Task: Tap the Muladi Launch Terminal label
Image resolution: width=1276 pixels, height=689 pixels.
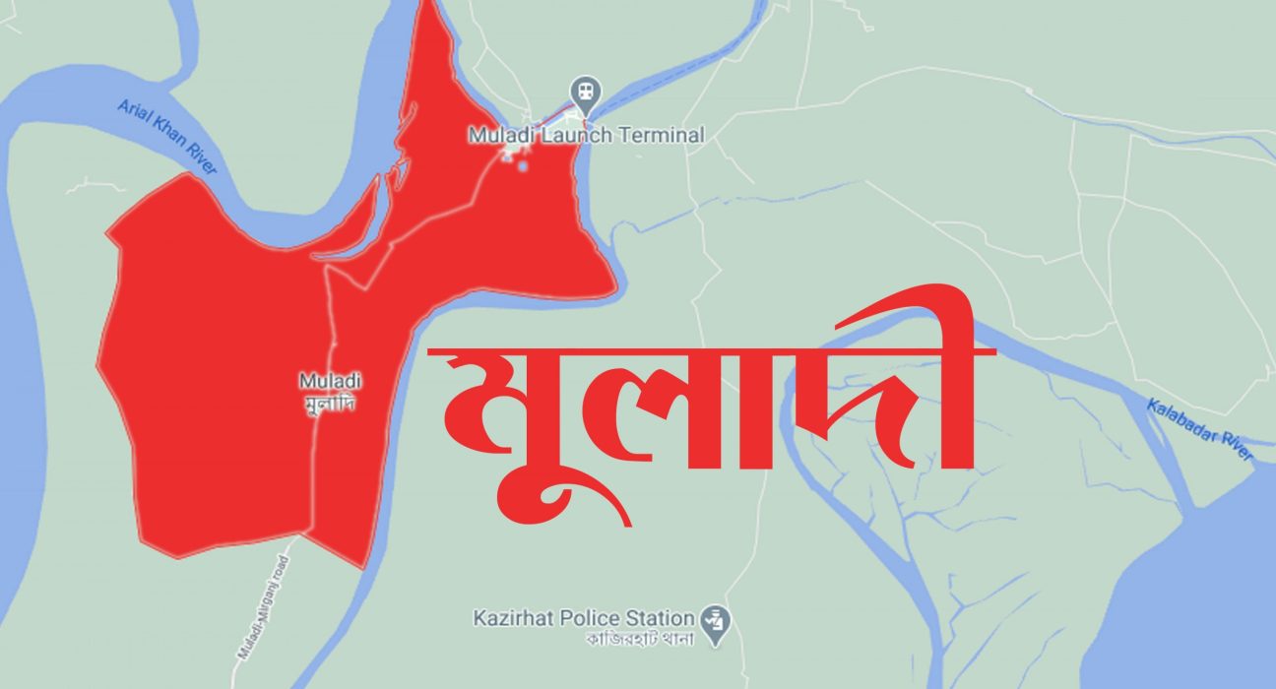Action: pyautogui.click(x=586, y=135)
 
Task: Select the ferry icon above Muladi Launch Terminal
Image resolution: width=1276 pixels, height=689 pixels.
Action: pyautogui.click(x=586, y=91)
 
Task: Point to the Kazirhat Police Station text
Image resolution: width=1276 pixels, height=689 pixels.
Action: pyautogui.click(x=583, y=618)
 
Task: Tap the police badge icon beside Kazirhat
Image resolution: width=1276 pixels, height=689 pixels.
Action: pyautogui.click(x=711, y=619)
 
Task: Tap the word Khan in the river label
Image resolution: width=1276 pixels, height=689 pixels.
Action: pyautogui.click(x=165, y=135)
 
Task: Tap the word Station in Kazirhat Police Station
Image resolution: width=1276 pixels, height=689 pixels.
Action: pyautogui.click(x=660, y=618)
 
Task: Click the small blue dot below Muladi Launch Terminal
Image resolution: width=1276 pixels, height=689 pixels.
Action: pyautogui.click(x=523, y=165)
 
